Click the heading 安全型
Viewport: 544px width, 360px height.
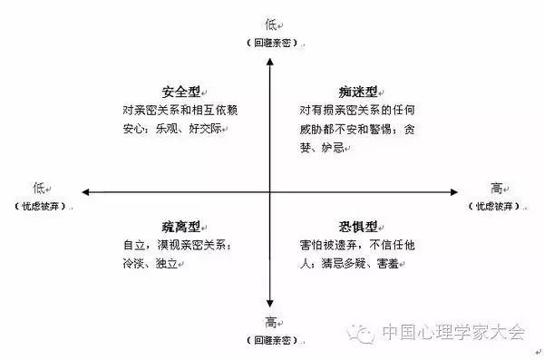[182, 91]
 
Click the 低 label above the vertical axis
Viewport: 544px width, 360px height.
[271, 24]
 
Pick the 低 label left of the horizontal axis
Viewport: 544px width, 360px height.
[39, 189]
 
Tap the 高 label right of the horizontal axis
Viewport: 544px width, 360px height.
[497, 189]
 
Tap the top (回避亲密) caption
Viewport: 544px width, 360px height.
[271, 44]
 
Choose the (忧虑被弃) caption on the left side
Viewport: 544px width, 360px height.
[39, 208]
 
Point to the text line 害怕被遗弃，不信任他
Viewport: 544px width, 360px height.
[357, 245]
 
